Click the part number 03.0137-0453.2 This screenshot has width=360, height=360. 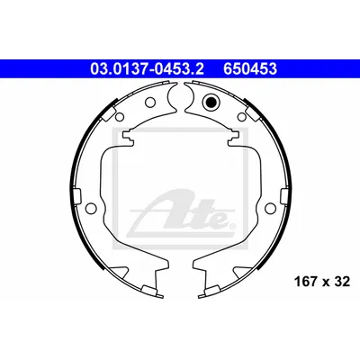pyautogui.click(x=147, y=69)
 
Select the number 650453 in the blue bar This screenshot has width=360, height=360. pyautogui.click(x=250, y=69)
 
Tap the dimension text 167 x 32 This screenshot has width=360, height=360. pyautogui.click(x=322, y=282)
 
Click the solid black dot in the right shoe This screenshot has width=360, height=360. pyautogui.click(x=210, y=102)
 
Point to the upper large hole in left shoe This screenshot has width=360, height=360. pyautogui.click(x=150, y=103)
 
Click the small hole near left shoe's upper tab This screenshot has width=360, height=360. pyautogui.click(x=119, y=116)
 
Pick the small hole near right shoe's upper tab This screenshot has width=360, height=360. pyautogui.click(x=241, y=116)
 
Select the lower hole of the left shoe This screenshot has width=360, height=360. pyautogui.click(x=90, y=208)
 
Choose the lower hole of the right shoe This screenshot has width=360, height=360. pyautogui.click(x=270, y=208)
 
